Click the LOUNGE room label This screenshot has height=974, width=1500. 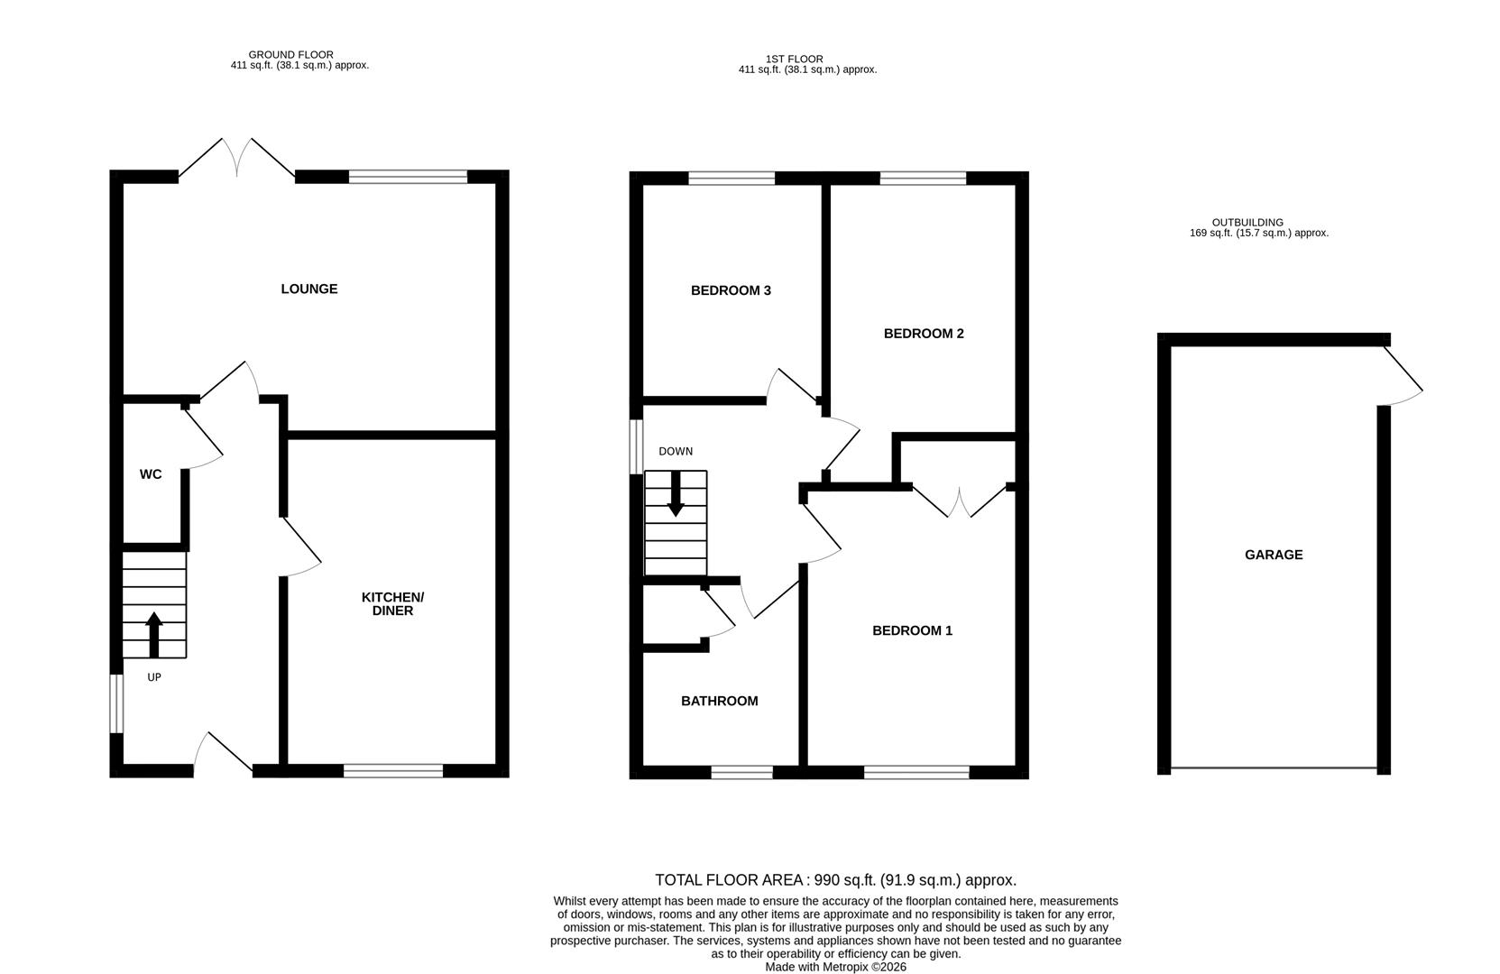tap(308, 289)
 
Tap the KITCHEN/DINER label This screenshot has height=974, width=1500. tap(392, 604)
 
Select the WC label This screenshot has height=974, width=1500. tap(151, 474)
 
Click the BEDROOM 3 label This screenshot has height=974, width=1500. tap(731, 290)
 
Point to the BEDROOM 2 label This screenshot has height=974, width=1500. tap(924, 334)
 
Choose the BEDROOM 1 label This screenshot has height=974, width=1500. tap(912, 631)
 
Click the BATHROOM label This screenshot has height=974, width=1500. tap(719, 701)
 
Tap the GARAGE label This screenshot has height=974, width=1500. tap(1274, 556)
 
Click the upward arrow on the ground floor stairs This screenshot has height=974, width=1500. tap(153, 634)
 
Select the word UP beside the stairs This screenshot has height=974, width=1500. tap(154, 677)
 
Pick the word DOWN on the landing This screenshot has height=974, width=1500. tap(676, 452)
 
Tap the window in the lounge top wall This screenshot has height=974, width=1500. tap(408, 177)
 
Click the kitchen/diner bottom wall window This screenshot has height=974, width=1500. tap(393, 770)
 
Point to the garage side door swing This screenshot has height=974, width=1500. tap(1403, 379)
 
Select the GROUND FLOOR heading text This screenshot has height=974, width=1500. tap(290, 55)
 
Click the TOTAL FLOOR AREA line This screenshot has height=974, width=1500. tap(835, 880)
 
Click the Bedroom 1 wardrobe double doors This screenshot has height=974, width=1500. tap(960, 501)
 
